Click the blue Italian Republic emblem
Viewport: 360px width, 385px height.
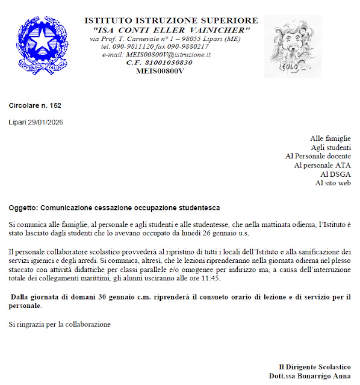click(x=42, y=45)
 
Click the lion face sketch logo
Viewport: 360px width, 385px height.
click(x=293, y=46)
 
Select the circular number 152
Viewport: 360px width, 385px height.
click(x=56, y=105)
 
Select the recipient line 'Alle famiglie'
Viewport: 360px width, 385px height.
click(x=330, y=139)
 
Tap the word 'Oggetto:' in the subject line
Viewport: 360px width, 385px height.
click(x=23, y=208)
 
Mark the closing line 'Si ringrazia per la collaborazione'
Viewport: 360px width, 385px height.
click(x=60, y=324)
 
